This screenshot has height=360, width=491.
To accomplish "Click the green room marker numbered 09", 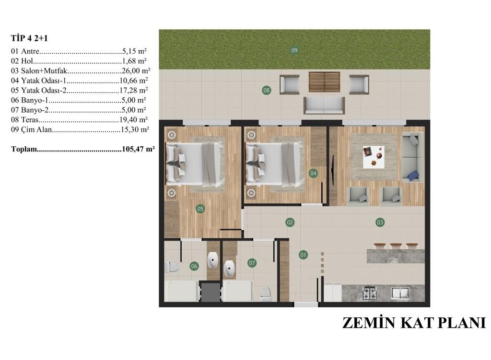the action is click(x=294, y=50).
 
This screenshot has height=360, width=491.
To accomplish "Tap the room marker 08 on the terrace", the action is click(x=267, y=91).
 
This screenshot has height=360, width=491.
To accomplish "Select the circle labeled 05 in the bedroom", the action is click(x=200, y=209).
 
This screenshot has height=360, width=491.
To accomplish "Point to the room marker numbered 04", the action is click(x=313, y=173).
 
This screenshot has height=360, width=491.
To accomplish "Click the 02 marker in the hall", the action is click(x=290, y=222).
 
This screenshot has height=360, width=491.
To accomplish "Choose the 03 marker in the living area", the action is click(x=380, y=222).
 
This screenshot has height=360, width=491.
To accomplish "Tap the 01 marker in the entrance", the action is click(x=303, y=255).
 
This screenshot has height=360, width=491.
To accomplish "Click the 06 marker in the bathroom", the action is click(x=194, y=266).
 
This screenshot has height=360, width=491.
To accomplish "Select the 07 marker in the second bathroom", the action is click(x=252, y=263).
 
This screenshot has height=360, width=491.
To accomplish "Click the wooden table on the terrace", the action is click(x=325, y=82).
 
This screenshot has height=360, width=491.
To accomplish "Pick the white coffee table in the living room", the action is click(x=374, y=157).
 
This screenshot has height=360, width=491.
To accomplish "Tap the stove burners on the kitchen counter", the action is click(x=370, y=293).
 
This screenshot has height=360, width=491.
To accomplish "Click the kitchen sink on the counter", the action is click(x=400, y=293).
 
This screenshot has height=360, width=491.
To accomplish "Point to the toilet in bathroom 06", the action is click(x=172, y=267).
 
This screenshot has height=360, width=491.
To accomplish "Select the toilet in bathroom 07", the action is click(x=266, y=294).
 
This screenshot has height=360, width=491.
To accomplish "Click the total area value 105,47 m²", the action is click(x=139, y=149).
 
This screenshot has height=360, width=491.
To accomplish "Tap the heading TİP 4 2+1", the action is click(x=29, y=38).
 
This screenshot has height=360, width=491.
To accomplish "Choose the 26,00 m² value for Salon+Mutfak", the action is click(x=136, y=71).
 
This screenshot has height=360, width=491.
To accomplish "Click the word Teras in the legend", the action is click(x=30, y=119).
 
